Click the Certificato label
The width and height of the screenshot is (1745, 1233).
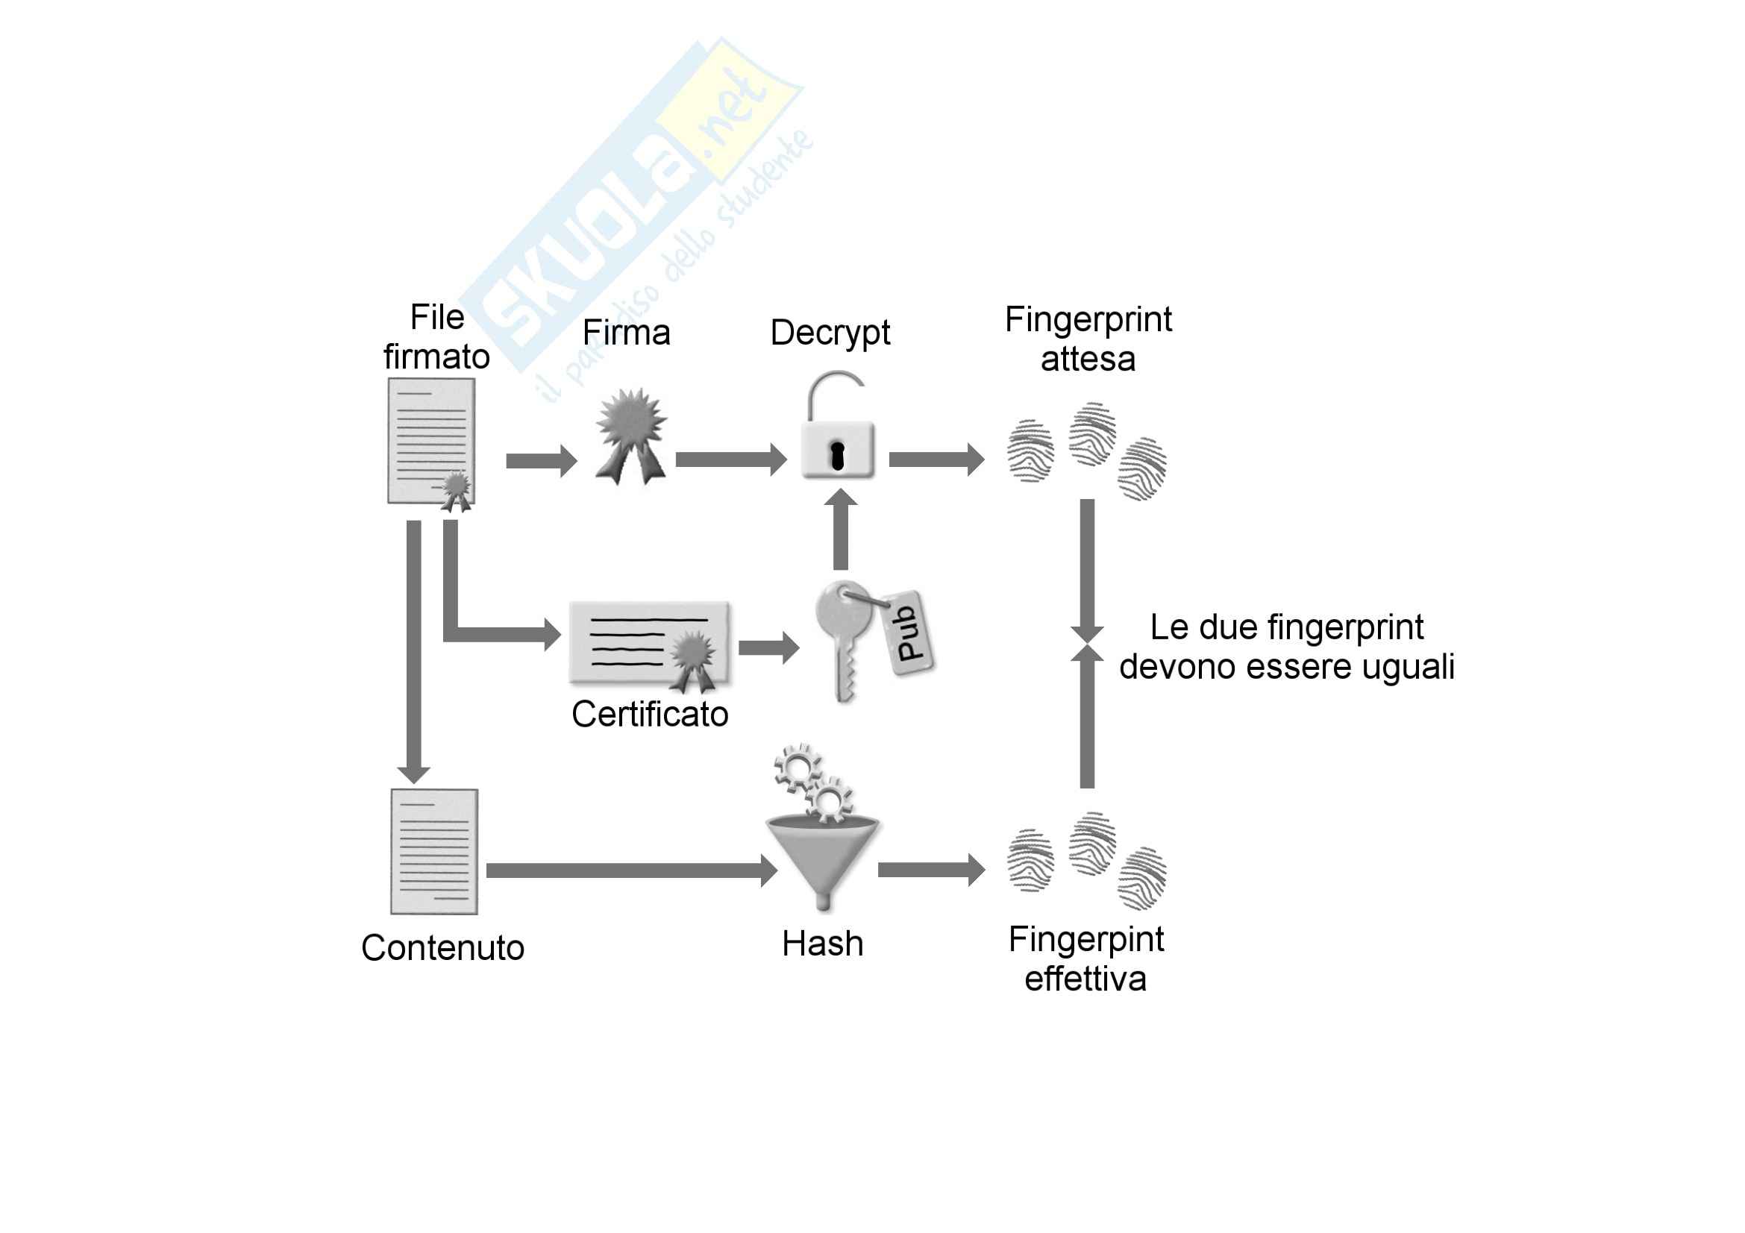tap(650, 714)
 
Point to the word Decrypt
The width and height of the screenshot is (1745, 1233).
tap(830, 333)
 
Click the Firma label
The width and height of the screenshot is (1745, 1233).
tap(626, 333)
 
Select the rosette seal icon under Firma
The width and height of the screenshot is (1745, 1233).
tap(632, 436)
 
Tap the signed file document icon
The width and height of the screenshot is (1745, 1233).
tap(432, 442)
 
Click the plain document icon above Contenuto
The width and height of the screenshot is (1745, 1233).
tap(434, 851)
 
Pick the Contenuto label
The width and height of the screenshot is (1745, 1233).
tap(443, 948)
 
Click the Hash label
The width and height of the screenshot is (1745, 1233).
tap(822, 944)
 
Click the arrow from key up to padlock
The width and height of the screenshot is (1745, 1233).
tap(841, 530)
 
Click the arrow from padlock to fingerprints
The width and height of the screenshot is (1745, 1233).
tap(936, 459)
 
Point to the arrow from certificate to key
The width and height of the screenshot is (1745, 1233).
tap(768, 647)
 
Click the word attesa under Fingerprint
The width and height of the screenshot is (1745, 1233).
tap(1088, 359)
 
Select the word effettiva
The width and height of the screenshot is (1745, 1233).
tap(1085, 979)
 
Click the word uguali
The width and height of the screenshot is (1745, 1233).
tap(1414, 667)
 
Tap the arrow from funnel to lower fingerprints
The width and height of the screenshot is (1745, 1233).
tap(930, 870)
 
